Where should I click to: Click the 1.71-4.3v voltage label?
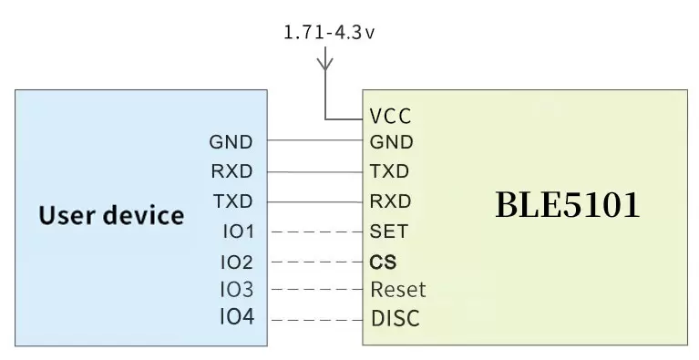pos(330,33)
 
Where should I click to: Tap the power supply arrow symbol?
pos(325,63)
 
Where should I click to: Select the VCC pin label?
pos(391,117)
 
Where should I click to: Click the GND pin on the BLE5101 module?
pos(392,142)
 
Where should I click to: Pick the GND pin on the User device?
pos(231,142)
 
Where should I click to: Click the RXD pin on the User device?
pos(231,171)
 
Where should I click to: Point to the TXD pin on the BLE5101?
pos(390,171)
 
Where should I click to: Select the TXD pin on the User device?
pos(231,201)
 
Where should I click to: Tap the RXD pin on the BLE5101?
pos(390,201)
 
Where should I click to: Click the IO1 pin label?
pos(238,231)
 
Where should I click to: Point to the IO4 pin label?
pos(237,318)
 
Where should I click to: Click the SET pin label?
pos(389,231)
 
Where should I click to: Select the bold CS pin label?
pos(383,262)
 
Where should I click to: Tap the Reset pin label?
pos(398,290)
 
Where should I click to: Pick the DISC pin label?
pos(396,319)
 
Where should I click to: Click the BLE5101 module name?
pos(567,205)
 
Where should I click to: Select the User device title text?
pos(111,216)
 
